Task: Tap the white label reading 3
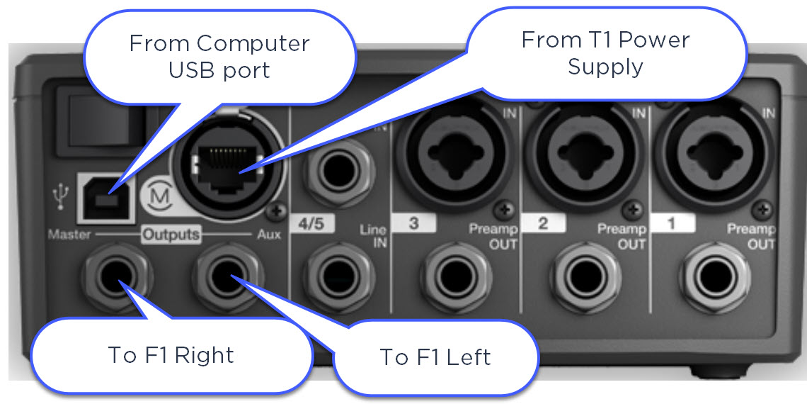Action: click(x=413, y=223)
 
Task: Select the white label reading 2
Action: click(x=543, y=223)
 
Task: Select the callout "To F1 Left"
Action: click(x=435, y=357)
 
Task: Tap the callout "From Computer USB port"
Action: click(x=219, y=57)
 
